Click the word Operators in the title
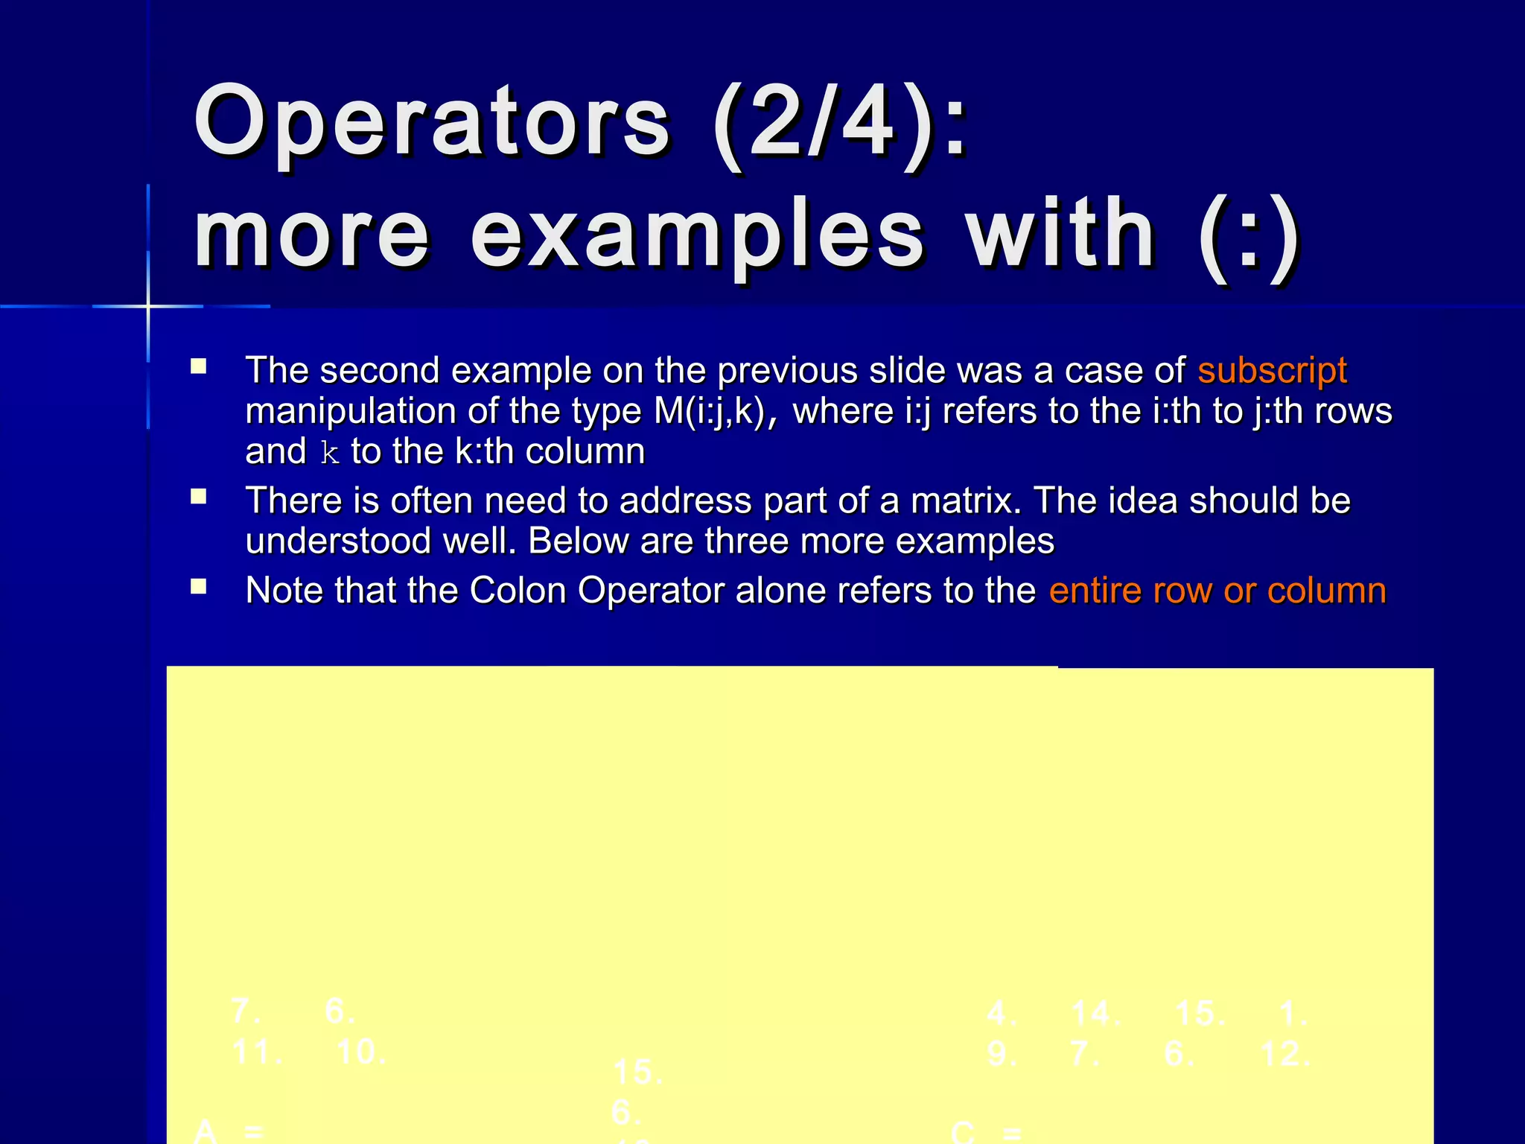pos(432,123)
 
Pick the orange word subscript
pos(1272,370)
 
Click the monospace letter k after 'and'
pos(329,453)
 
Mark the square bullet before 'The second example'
pos(198,366)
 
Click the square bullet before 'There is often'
pos(198,497)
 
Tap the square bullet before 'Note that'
pos(198,586)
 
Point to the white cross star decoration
pos(148,306)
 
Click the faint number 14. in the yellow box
pos(1095,1014)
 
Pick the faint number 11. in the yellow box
pos(256,1052)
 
